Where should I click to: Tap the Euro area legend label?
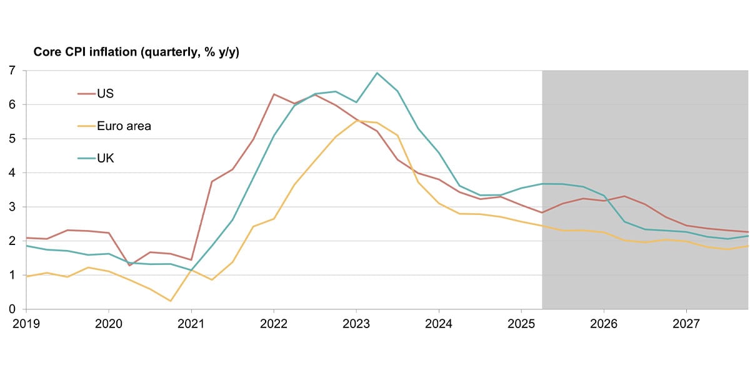pos(124,126)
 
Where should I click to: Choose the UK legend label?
pos(105,159)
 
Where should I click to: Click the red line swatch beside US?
pos(86,94)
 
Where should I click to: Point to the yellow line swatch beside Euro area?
pos(86,126)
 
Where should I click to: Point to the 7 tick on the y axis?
pos(12,71)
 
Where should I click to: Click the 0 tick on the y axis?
pos(12,309)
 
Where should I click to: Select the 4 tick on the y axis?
pos(12,173)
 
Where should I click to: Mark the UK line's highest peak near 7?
pos(377,73)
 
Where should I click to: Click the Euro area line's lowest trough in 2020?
pos(171,301)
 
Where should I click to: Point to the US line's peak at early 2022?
pos(274,94)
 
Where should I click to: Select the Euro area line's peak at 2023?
pos(357,120)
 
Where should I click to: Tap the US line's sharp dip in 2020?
pos(129,266)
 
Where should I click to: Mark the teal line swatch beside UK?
pos(86,159)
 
